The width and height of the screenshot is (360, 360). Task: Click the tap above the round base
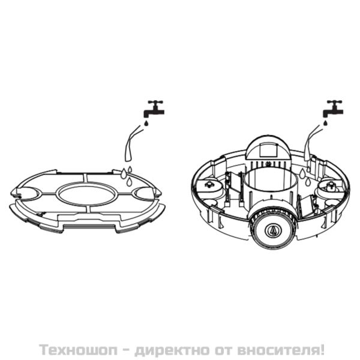(332, 109)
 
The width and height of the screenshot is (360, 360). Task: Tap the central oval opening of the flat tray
(86, 195)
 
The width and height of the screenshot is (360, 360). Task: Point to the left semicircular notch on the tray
(25, 194)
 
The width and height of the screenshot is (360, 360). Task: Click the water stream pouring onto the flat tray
(129, 147)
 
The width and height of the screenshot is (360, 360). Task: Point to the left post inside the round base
(209, 184)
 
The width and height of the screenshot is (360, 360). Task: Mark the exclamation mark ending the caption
(322, 348)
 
